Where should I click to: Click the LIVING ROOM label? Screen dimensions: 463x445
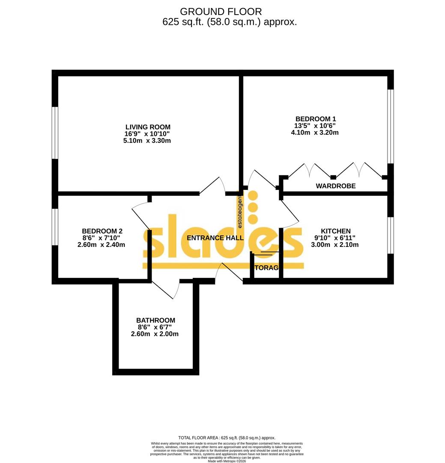click(x=148, y=127)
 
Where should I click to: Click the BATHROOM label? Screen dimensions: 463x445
click(x=155, y=320)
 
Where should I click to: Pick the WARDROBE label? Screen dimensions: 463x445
click(x=336, y=186)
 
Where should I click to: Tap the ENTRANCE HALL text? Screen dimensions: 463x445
click(x=215, y=238)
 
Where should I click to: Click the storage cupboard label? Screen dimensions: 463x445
click(x=267, y=268)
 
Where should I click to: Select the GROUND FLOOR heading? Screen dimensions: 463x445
click(x=221, y=12)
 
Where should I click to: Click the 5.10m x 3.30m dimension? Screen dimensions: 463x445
click(x=148, y=141)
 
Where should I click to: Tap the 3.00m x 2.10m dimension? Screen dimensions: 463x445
click(x=335, y=245)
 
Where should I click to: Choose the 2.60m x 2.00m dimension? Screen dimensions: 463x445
click(x=155, y=334)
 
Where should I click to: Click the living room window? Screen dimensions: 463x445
click(x=55, y=133)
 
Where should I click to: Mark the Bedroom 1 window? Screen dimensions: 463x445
click(x=390, y=126)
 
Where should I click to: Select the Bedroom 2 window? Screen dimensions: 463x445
click(x=55, y=227)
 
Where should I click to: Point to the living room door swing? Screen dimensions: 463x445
click(x=214, y=185)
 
